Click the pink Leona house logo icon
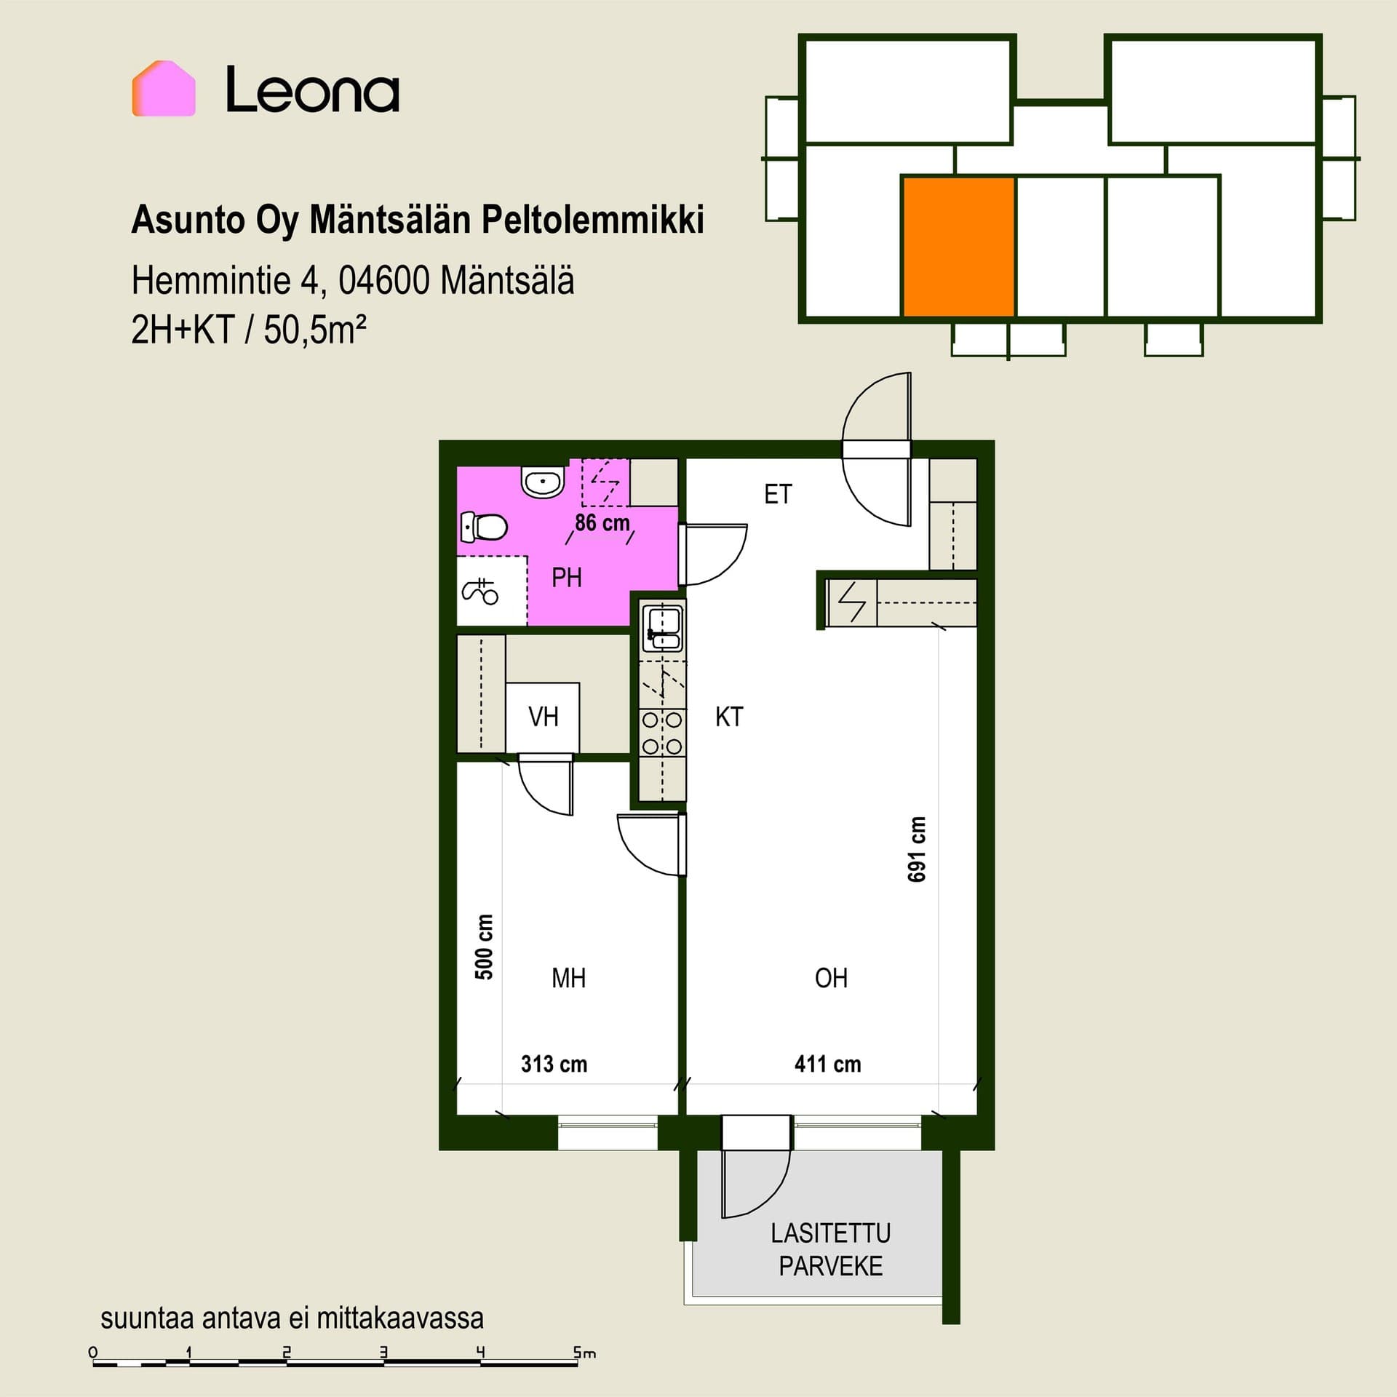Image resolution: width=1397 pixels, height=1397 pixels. (x=164, y=89)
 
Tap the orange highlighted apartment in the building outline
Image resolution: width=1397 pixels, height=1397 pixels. (x=959, y=247)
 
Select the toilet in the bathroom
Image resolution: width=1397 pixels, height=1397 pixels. (x=485, y=528)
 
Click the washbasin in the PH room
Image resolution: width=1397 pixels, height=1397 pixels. (x=543, y=480)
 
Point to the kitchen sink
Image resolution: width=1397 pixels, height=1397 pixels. (x=663, y=629)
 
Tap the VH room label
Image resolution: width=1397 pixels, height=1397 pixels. (x=544, y=717)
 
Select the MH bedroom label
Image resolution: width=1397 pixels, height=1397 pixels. (x=568, y=978)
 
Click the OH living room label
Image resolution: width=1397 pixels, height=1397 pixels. (x=831, y=978)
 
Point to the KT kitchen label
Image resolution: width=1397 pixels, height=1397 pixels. (x=729, y=717)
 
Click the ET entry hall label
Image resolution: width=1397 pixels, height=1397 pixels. (x=777, y=495)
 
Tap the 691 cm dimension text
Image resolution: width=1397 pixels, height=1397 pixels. (x=917, y=849)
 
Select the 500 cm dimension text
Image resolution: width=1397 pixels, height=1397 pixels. (x=484, y=947)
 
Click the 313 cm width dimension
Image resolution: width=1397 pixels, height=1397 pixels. (x=554, y=1064)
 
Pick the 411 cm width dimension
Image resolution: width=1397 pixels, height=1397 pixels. (x=827, y=1064)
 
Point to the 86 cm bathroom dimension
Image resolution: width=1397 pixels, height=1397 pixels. (x=602, y=522)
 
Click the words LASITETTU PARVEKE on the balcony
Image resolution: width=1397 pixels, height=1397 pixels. (x=831, y=1250)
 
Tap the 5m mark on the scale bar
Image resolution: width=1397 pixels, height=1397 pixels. (x=584, y=1353)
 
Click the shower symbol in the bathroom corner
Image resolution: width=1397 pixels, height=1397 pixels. (x=481, y=591)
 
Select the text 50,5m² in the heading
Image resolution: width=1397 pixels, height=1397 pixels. (x=314, y=330)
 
